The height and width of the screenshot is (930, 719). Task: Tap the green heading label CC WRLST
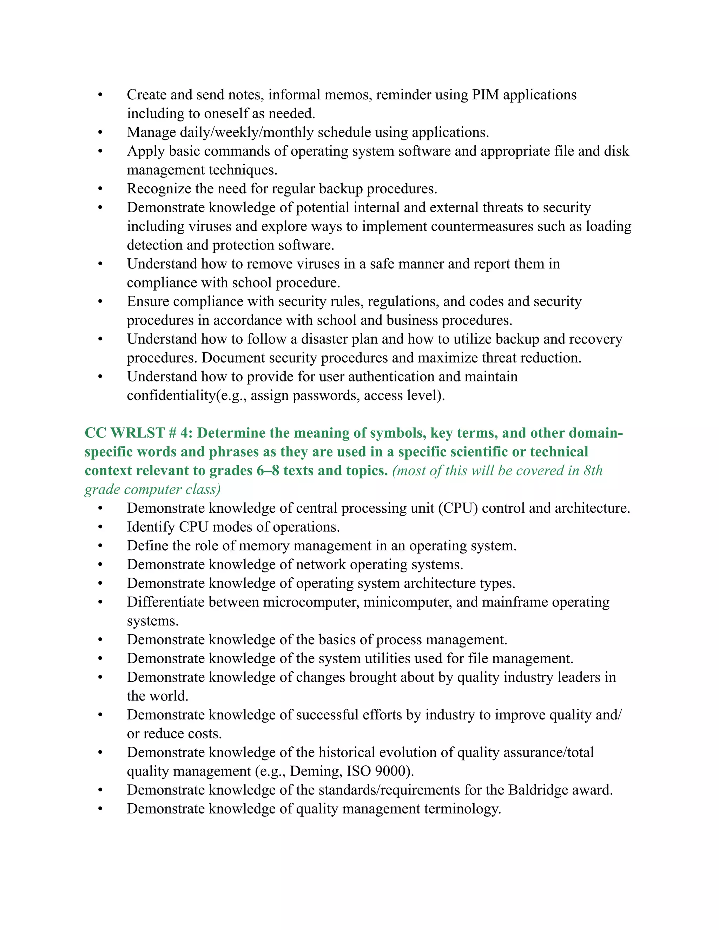[124, 433]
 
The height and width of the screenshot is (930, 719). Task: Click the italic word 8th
[593, 471]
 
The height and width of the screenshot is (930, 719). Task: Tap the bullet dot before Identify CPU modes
[100, 527]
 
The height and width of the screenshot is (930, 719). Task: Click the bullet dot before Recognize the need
[100, 189]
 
